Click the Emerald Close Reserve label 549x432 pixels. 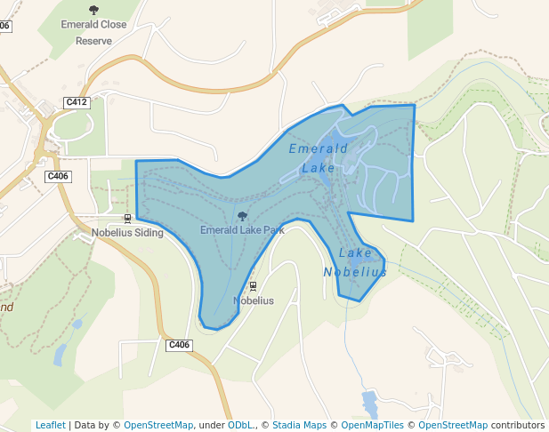(x=93, y=33)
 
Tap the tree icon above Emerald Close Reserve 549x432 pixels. (x=93, y=11)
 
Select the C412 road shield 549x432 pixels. (x=77, y=103)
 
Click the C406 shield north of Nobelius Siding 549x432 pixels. (x=58, y=176)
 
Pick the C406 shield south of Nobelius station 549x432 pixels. (x=179, y=344)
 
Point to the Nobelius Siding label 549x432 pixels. (x=127, y=233)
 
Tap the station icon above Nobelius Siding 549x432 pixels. (x=127, y=219)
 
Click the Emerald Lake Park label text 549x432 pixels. (x=242, y=230)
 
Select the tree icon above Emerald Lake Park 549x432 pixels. (x=242, y=216)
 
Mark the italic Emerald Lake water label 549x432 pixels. (x=319, y=157)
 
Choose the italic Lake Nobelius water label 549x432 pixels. (x=355, y=263)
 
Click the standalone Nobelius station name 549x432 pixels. (x=253, y=300)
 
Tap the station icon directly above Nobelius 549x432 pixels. (x=253, y=286)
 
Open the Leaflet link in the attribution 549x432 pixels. (x=50, y=425)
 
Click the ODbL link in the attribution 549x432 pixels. (x=241, y=425)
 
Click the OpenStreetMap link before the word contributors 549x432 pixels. (x=453, y=425)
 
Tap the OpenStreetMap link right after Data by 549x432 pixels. (x=158, y=425)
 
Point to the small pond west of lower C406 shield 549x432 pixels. (x=60, y=355)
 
